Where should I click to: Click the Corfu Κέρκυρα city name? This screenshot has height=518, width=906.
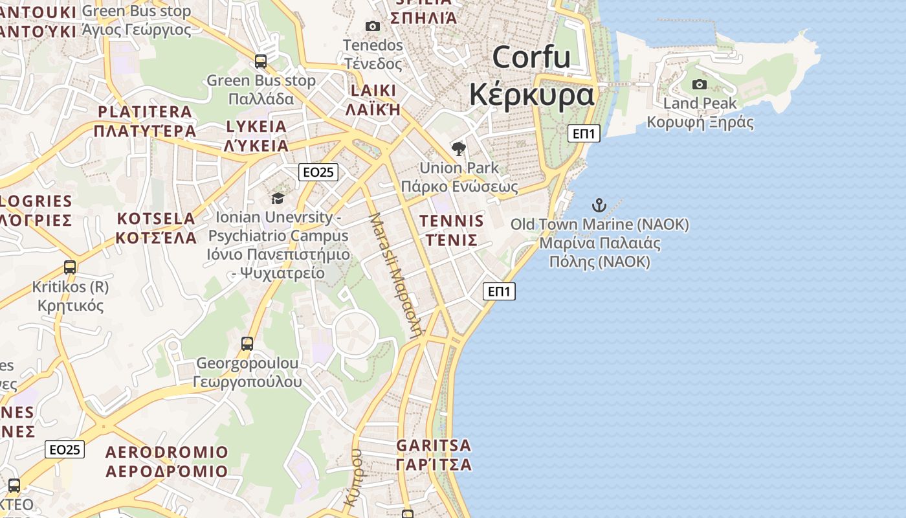[x=531, y=76]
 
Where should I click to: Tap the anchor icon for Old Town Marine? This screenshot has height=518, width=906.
[x=599, y=206]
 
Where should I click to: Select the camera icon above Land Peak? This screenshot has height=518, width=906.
[x=699, y=84]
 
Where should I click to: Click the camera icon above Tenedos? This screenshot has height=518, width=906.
[x=372, y=27]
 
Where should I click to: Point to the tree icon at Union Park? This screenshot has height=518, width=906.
[x=459, y=149]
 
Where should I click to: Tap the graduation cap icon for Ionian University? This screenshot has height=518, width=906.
[x=278, y=198]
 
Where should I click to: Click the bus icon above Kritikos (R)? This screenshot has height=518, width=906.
[x=70, y=267]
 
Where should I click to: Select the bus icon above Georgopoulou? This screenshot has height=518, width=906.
[x=247, y=343]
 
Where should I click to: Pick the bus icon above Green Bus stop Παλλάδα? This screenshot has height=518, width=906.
[x=261, y=62]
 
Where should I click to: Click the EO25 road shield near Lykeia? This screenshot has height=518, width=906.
[x=318, y=172]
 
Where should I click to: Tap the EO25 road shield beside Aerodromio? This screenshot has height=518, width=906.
[x=65, y=449]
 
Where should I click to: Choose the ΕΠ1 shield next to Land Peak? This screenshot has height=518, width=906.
[x=584, y=133]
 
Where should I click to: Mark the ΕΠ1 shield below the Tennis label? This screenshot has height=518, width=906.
[x=499, y=291]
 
